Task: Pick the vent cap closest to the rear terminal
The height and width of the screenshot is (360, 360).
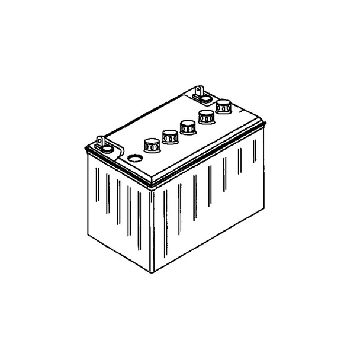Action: click(x=223, y=107)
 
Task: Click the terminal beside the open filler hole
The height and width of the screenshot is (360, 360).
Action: click(x=102, y=144)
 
